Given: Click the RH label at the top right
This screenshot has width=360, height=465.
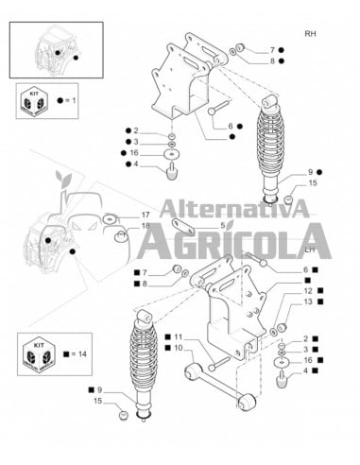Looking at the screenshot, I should point(311,34).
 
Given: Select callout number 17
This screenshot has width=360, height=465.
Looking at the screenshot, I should point(146,215).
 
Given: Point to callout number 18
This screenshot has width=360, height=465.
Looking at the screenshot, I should point(146,227).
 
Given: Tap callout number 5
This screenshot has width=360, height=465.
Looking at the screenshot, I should point(223,226).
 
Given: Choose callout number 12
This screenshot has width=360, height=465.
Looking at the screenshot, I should point(307,293).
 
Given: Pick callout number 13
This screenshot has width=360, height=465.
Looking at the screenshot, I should point(307,302).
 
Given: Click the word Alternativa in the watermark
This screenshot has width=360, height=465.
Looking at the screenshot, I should point(234,210).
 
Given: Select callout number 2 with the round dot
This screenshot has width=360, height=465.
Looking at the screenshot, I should point(135,131).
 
